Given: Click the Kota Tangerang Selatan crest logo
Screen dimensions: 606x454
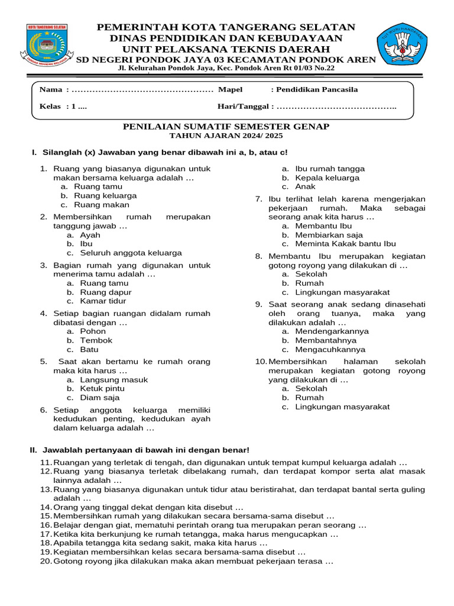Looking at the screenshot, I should [x=47, y=45].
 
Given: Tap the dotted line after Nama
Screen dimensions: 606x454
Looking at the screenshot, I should [x=141, y=90].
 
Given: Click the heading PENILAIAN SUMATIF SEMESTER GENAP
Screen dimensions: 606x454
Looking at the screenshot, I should [x=226, y=127].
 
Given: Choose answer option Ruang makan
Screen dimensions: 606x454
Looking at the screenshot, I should [x=101, y=205].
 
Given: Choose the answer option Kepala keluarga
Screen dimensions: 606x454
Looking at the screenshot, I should [x=327, y=178].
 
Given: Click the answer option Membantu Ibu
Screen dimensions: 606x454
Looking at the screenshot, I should [x=323, y=226].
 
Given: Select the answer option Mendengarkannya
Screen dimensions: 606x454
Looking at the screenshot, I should [x=332, y=331].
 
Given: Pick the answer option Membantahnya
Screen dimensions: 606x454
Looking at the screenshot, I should [x=326, y=341].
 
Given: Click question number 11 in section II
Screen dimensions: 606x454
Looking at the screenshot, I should [x=46, y=463].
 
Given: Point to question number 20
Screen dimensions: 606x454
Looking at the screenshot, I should [x=46, y=560].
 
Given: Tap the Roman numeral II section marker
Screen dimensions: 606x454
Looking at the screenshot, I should [x=34, y=450].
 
